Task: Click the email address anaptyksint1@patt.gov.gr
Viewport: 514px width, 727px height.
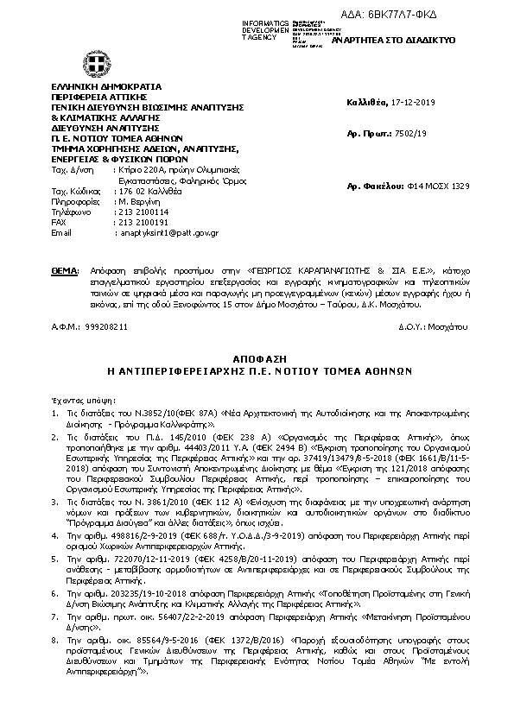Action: [168, 232]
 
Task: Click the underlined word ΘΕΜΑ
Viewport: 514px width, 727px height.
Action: [65, 270]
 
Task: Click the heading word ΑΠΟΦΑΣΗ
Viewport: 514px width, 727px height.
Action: [257, 357]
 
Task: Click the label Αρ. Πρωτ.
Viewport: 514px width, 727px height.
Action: [363, 136]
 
